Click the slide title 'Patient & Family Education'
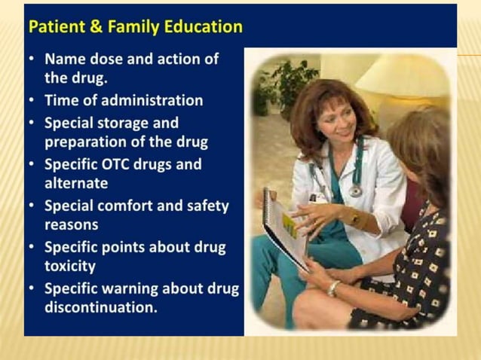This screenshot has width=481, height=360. point(135,27)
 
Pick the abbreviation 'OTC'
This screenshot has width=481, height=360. point(119,163)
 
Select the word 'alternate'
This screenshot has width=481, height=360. point(76,183)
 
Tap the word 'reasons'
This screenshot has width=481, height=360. point(72,224)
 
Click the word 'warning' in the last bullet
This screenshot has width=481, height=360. point(131,288)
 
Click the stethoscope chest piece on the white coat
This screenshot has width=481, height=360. point(354,191)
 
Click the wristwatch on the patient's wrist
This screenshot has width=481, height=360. point(332,288)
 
